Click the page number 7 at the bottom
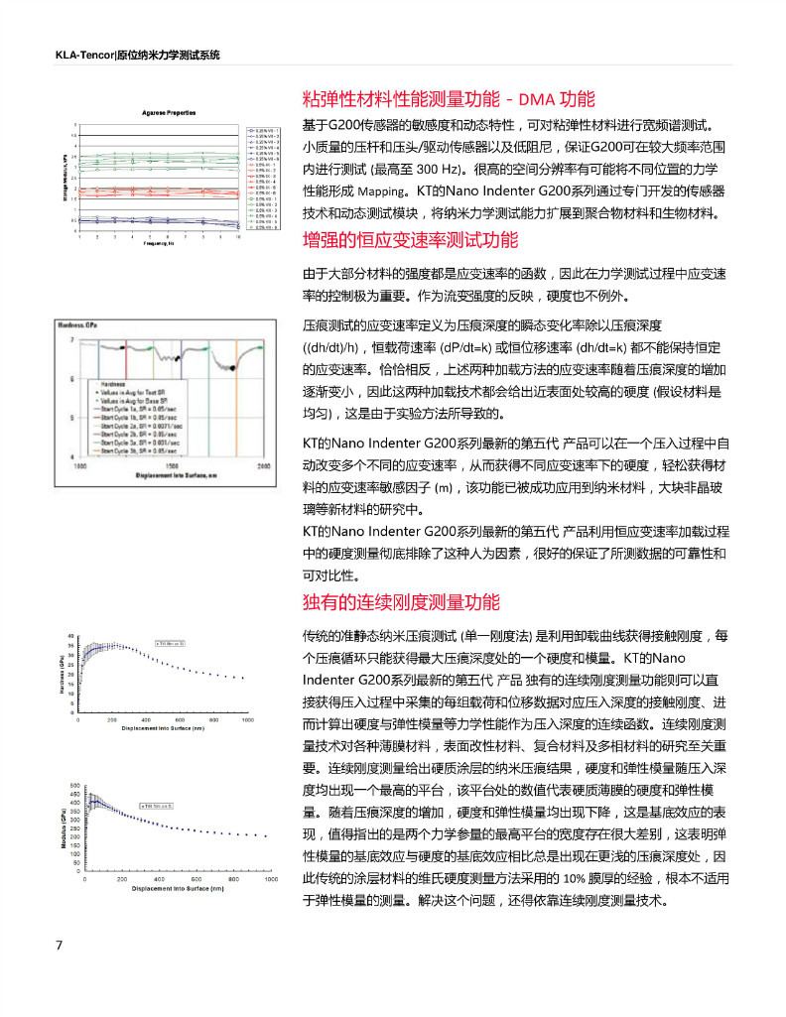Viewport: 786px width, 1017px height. pos(59,944)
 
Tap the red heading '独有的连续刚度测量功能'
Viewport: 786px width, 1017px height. pos(401,601)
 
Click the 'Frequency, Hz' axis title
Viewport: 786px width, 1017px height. pos(160,242)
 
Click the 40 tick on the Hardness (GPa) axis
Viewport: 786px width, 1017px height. pos(70,636)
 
